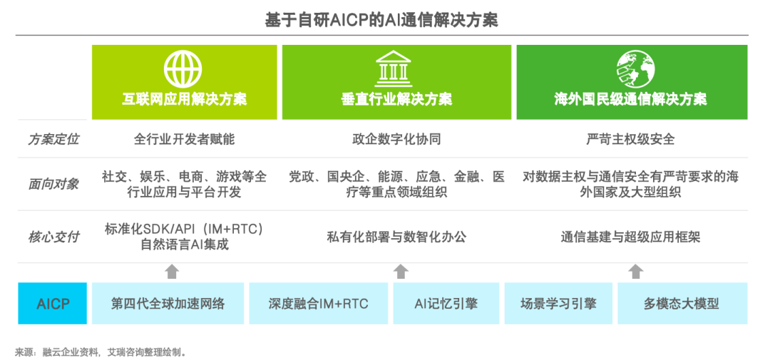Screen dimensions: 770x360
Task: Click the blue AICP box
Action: [53, 304]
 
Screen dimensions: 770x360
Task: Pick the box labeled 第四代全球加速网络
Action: [168, 304]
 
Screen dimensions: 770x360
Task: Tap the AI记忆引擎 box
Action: [446, 304]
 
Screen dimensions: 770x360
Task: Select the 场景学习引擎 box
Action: [558, 304]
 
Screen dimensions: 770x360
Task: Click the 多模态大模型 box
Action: [682, 304]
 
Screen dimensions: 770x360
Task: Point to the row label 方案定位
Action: [53, 140]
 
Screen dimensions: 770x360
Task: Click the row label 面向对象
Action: [53, 185]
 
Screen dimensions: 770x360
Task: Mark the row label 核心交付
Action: [53, 237]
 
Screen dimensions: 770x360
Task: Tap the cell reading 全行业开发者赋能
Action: [184, 140]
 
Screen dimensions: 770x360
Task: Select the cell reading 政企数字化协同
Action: [396, 140]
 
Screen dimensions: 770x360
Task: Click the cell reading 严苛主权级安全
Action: [630, 140]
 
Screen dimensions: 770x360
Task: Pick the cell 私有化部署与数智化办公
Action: [396, 237]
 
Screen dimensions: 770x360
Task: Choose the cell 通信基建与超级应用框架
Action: [630, 237]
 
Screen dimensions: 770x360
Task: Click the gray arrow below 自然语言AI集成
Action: [171, 271]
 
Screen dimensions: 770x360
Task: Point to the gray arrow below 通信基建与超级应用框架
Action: [636, 271]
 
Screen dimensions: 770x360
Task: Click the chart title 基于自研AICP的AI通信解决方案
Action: [381, 21]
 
